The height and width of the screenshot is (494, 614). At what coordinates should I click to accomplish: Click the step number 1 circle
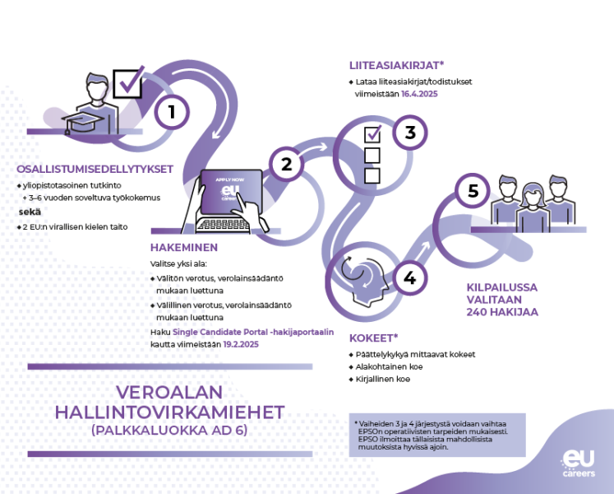tap(172, 112)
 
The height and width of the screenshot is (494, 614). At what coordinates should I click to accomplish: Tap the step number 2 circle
tap(287, 164)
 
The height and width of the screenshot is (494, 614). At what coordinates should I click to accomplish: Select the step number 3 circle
tap(410, 133)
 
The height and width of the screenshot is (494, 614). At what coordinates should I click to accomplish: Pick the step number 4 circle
tap(409, 277)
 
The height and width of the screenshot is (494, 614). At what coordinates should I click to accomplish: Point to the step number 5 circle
tap(473, 191)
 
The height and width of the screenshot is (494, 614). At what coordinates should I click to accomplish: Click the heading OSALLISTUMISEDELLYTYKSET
tap(95, 169)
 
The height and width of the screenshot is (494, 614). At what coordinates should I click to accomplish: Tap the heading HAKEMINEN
tap(184, 248)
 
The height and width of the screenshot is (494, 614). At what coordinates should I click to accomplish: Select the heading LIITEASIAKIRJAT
tap(396, 65)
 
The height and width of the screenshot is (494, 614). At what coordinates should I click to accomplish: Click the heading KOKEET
tap(373, 338)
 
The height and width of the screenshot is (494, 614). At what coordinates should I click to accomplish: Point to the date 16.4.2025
tap(419, 94)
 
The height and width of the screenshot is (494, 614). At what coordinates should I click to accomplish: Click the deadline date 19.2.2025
tap(241, 344)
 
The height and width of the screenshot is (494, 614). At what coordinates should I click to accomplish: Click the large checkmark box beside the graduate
tap(128, 82)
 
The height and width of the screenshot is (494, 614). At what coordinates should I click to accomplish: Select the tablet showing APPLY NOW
tap(231, 192)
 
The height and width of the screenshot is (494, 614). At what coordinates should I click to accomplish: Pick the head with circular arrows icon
tap(364, 279)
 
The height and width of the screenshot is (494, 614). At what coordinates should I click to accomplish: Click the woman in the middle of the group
tap(533, 208)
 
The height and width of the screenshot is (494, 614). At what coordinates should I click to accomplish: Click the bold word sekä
tap(30, 212)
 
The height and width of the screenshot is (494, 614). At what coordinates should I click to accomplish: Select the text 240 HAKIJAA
tap(502, 312)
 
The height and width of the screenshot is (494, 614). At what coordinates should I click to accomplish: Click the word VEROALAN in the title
tap(169, 393)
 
